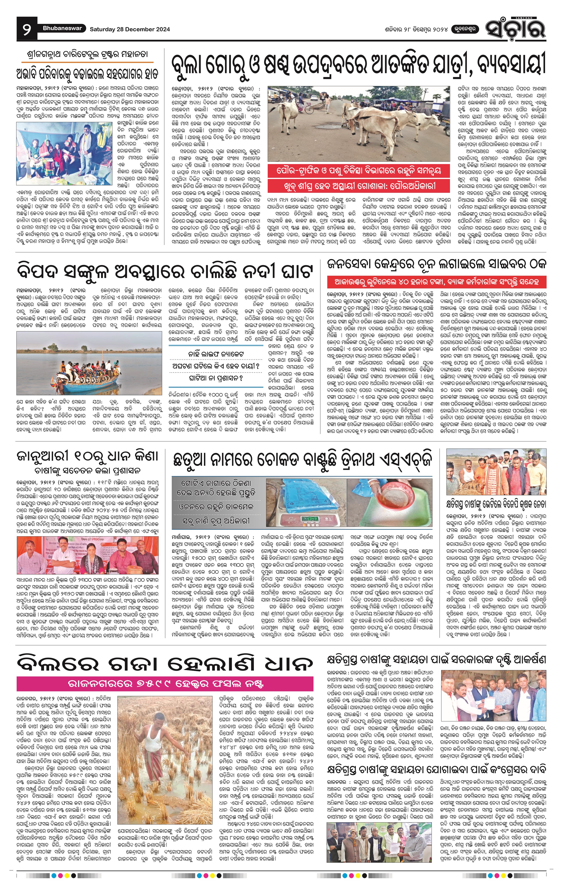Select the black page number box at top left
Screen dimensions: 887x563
point(27,29)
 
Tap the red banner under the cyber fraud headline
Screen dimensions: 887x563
point(437,282)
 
